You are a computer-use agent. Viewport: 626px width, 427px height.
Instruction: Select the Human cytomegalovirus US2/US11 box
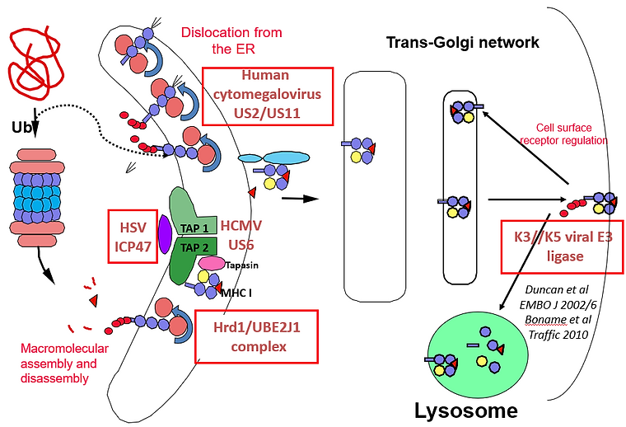[x=269, y=96]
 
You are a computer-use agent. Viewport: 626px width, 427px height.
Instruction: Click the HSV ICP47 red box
[x=133, y=235]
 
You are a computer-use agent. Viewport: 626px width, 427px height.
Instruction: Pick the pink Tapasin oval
[x=213, y=263]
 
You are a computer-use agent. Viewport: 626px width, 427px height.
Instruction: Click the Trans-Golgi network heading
[x=463, y=42]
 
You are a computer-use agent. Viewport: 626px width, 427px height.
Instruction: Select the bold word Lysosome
[x=466, y=411]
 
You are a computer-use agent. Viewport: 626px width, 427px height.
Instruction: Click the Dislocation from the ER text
[x=231, y=40]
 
